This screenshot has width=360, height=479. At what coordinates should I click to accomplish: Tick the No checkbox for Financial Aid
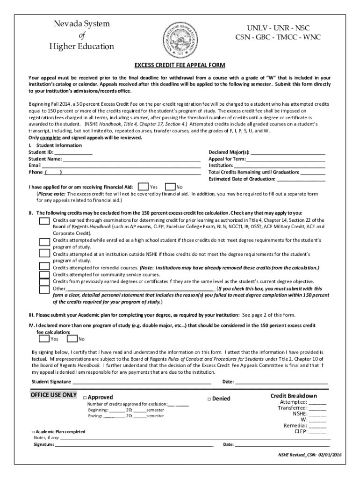[x=171, y=187]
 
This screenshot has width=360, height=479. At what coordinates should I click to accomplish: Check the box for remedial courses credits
[x=44, y=267]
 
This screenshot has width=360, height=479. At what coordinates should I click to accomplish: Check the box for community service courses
[x=44, y=275]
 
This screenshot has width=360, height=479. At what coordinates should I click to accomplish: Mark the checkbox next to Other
[x=44, y=289]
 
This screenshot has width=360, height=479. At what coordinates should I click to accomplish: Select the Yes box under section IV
[x=44, y=338]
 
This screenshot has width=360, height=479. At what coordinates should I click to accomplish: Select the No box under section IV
[x=72, y=338]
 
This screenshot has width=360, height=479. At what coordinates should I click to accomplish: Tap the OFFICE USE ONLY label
[x=53, y=395]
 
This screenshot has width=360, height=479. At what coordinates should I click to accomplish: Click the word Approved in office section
[x=101, y=398]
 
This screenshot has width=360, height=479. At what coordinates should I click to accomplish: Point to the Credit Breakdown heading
[x=294, y=396]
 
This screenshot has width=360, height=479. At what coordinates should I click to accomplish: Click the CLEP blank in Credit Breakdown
[x=318, y=432]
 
